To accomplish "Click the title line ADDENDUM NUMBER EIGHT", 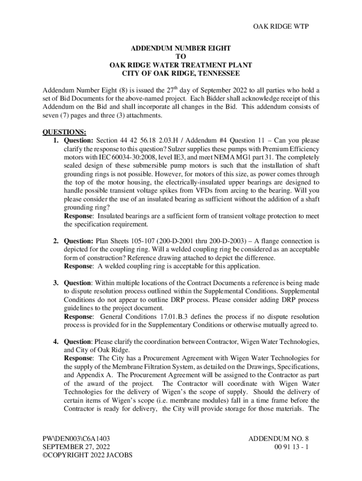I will tap(181, 48).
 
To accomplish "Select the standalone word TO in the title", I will tap(181, 57).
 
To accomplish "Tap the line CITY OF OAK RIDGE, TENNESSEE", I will tap(181, 74).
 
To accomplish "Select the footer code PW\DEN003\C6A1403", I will tap(77, 438).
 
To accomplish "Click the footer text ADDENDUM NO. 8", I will tap(278, 438).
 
